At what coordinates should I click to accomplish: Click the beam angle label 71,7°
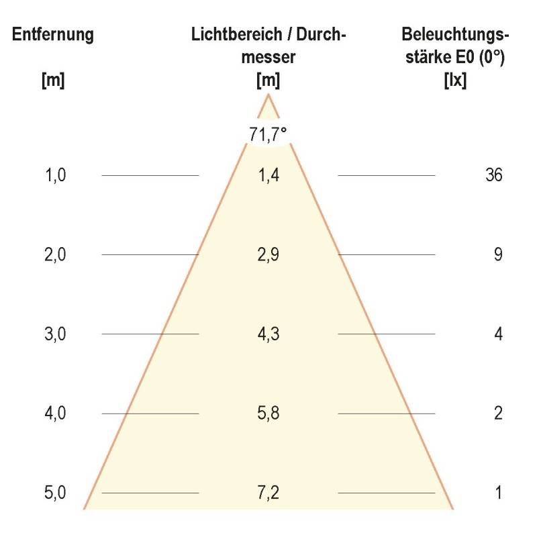(268, 134)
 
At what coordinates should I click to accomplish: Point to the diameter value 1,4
(268, 176)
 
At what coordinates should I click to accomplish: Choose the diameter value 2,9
(268, 255)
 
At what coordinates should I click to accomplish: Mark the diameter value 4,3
(268, 334)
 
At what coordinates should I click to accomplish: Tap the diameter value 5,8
(268, 413)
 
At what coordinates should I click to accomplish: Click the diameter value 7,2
(268, 493)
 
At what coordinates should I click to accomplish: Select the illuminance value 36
(493, 176)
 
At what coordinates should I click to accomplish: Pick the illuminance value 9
(498, 255)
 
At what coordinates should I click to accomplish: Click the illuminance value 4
(498, 334)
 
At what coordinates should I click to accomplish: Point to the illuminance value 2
(498, 413)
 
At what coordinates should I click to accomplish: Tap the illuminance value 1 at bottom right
(498, 493)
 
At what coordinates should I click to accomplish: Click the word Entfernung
(53, 36)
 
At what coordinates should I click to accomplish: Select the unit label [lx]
(456, 81)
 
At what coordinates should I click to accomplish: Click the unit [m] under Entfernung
(53, 81)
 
